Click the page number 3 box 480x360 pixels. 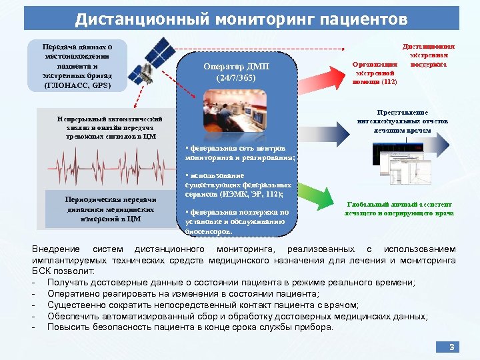(x=451, y=347)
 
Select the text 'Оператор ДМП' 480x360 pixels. (x=236, y=67)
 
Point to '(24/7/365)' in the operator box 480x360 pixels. (x=236, y=78)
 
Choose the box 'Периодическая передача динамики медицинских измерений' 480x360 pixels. (x=111, y=209)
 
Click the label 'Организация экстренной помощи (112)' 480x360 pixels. (x=375, y=72)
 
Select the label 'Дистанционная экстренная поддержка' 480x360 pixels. (x=429, y=57)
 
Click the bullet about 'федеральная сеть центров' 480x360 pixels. (x=239, y=152)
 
